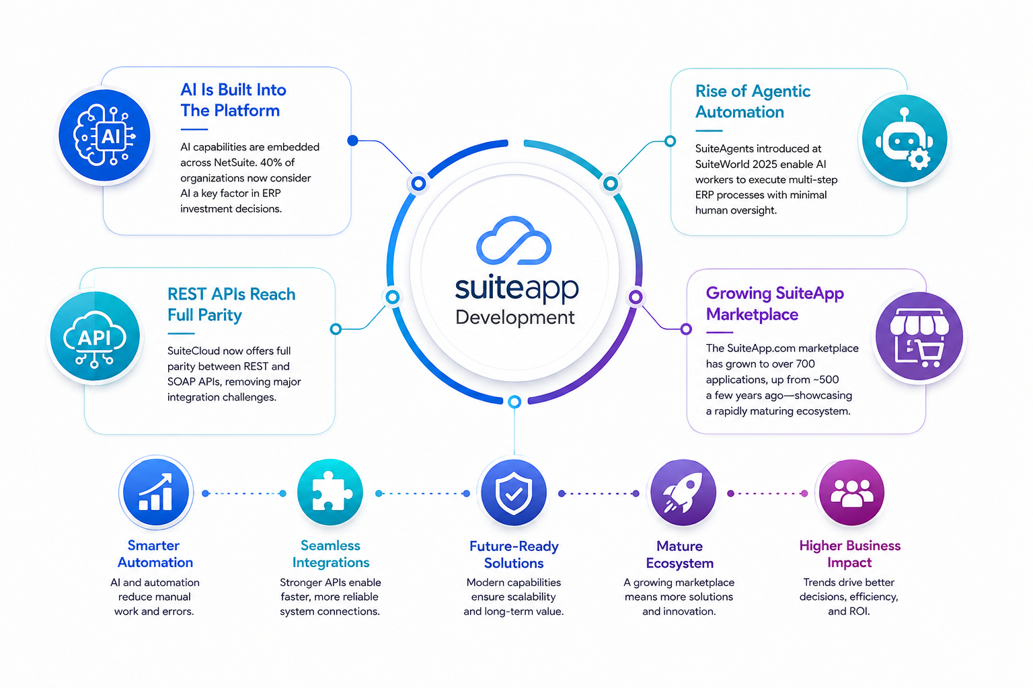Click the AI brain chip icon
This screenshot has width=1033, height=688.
pyautogui.click(x=105, y=136)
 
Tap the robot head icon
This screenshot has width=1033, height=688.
pyautogui.click(x=904, y=139)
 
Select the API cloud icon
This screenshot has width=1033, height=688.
pyautogui.click(x=95, y=339)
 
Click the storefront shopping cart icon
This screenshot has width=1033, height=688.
pyautogui.click(x=919, y=337)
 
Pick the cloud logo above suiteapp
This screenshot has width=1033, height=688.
pyautogui.click(x=514, y=240)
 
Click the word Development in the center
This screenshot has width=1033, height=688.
pyautogui.click(x=514, y=318)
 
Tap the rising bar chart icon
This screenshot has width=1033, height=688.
pyautogui.click(x=155, y=492)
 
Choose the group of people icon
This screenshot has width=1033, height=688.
pyautogui.click(x=851, y=493)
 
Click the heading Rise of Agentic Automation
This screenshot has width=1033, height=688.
pyautogui.click(x=753, y=101)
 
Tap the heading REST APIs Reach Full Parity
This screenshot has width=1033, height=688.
pyautogui.click(x=231, y=304)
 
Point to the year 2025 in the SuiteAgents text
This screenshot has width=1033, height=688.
pyautogui.click(x=775, y=165)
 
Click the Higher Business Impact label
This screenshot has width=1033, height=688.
pyautogui.click(x=849, y=554)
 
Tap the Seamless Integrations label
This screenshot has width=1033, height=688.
pyautogui.click(x=331, y=554)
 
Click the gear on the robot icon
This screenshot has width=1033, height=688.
pyautogui.click(x=919, y=159)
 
